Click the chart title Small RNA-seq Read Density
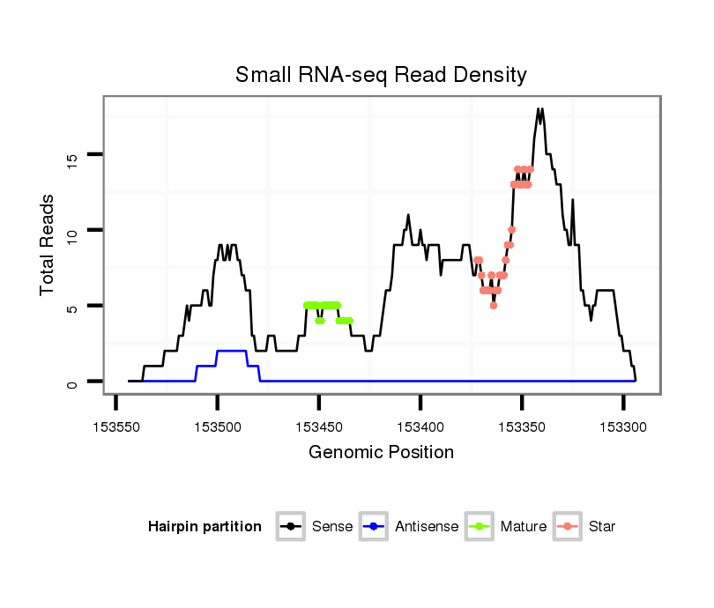click(381, 75)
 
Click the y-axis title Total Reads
click(48, 245)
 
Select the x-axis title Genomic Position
click(381, 453)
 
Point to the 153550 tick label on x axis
click(116, 426)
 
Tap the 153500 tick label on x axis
click(218, 426)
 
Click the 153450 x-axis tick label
click(319, 426)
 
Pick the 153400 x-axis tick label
click(420, 426)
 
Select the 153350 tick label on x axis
click(522, 426)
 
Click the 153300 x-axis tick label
click(623, 426)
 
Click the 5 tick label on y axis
click(72, 307)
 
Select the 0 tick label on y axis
click(72, 382)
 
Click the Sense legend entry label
click(332, 527)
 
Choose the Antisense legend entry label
click(427, 527)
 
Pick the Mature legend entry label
click(524, 527)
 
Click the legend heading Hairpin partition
click(205, 527)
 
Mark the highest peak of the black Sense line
click(539, 110)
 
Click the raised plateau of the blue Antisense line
click(232, 351)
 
